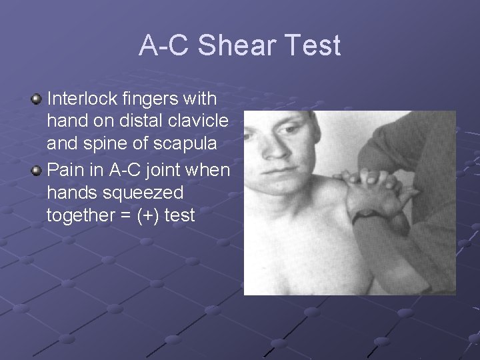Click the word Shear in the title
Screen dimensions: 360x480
(239, 46)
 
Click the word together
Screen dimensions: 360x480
(79, 216)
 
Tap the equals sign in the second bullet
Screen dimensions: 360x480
(125, 216)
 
